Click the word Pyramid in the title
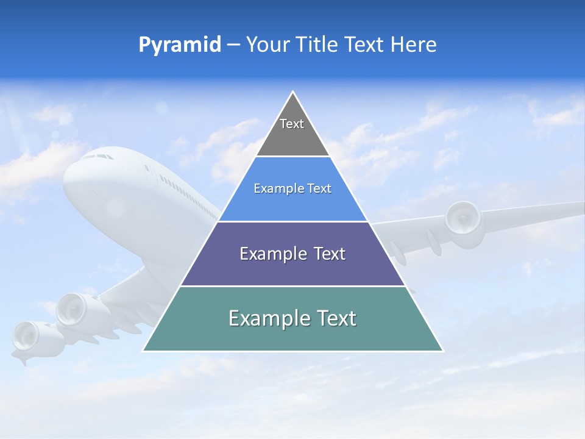(x=179, y=45)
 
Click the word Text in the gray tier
(x=292, y=124)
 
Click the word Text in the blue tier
(x=320, y=189)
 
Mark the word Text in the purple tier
(x=330, y=254)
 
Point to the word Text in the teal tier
(x=336, y=318)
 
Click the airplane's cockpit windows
(x=98, y=157)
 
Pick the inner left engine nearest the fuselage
(x=75, y=310)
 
